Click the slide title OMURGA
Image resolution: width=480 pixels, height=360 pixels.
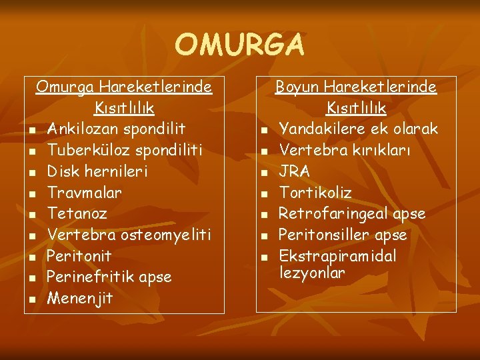point(239,45)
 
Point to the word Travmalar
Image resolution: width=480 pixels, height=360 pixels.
point(85,193)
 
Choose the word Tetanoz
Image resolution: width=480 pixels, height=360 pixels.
point(77,214)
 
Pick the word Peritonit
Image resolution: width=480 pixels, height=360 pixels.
point(79,257)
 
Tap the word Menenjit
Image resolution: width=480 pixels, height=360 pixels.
point(80,299)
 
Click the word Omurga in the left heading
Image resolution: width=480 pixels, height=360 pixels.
point(65,87)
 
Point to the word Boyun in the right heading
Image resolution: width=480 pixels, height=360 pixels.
point(298,87)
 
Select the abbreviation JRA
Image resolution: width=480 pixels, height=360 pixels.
point(294,171)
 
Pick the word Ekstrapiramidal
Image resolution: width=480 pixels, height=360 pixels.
point(337,257)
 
